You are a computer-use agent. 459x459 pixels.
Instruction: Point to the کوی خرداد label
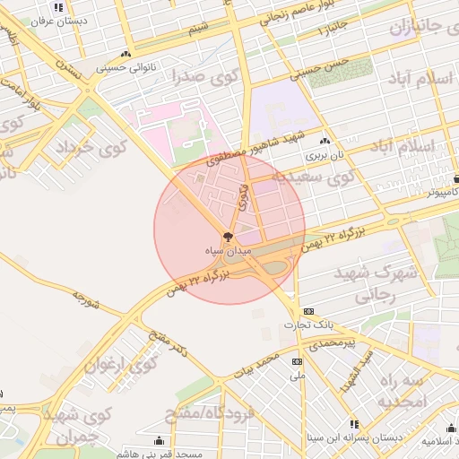point(88,147)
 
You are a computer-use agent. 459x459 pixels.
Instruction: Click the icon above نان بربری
point(324,142)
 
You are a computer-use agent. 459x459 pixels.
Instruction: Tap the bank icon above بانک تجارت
point(308,310)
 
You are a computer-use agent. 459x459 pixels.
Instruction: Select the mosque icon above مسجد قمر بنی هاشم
point(160,440)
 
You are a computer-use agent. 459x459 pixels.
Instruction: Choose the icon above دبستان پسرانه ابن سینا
point(355,424)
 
